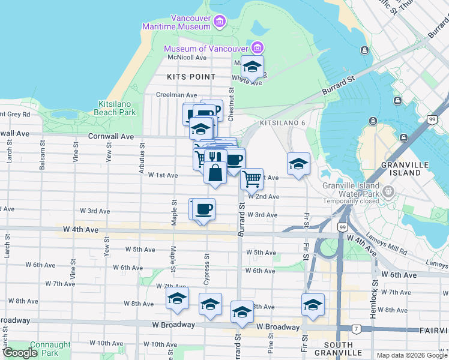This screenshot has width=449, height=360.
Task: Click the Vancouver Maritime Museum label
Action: (x=176, y=22)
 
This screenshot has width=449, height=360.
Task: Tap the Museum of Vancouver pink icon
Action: (x=258, y=48)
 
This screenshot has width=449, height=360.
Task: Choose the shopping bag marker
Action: (x=215, y=173)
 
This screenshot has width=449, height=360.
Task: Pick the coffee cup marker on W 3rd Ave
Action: (x=204, y=208)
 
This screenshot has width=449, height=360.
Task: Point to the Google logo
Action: (x=20, y=353)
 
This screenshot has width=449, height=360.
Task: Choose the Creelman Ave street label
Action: (x=176, y=95)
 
